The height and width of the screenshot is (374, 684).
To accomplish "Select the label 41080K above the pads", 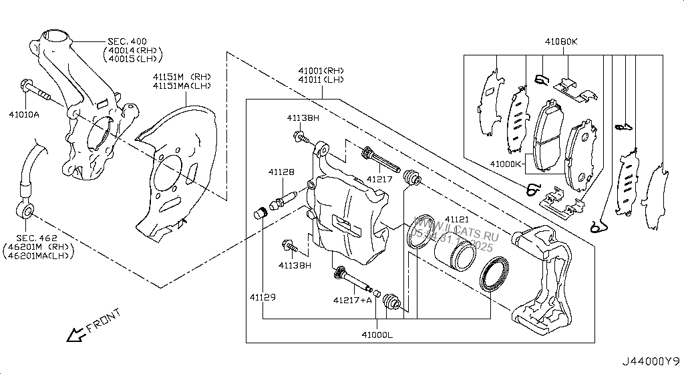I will tap(560, 42).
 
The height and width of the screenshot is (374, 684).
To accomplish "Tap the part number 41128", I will tap(281, 172).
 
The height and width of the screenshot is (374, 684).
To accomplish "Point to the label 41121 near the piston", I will tap(457, 219).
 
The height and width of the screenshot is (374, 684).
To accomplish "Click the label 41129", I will tap(263, 297).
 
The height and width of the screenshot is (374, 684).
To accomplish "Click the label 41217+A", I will tap(352, 301).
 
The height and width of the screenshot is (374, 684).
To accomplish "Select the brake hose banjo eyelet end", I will tap(26, 212).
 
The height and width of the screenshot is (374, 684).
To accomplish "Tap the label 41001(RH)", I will tap(321, 71).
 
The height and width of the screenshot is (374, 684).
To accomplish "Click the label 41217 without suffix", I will tap(379, 179).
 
